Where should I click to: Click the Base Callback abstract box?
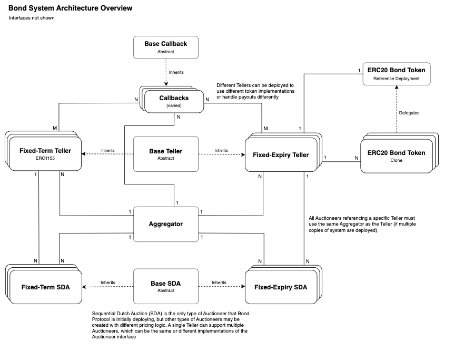pyautogui.click(x=165, y=47)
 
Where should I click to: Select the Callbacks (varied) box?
pyautogui.click(x=174, y=101)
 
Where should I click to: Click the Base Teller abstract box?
pyautogui.click(x=165, y=154)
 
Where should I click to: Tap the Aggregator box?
pyautogui.click(x=165, y=224)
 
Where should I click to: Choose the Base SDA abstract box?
pyautogui.click(x=165, y=287)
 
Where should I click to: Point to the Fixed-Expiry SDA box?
pyautogui.click(x=281, y=287)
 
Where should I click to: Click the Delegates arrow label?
pyautogui.click(x=409, y=112)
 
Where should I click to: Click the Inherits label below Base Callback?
pyautogui.click(x=176, y=72)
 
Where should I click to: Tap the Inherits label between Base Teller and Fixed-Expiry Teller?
pyautogui.click(x=221, y=150)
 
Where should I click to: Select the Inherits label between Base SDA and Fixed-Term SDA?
pyautogui.click(x=108, y=283)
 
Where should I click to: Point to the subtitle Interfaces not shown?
pyautogui.click(x=32, y=18)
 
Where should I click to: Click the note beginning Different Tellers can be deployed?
pyautogui.click(x=256, y=91)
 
